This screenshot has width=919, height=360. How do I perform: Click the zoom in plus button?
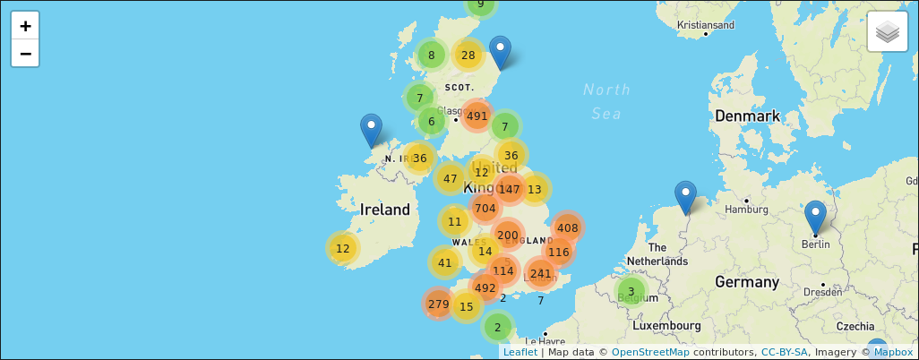pyautogui.click(x=26, y=26)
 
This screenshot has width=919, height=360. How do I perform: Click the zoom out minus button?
pyautogui.click(x=26, y=54)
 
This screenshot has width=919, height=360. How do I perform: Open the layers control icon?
pyautogui.click(x=887, y=32)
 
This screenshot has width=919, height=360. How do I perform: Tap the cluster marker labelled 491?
pyautogui.click(x=477, y=116)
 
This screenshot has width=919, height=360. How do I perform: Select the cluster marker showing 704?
pyautogui.click(x=485, y=209)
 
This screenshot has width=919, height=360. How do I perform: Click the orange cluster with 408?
pyautogui.click(x=567, y=227)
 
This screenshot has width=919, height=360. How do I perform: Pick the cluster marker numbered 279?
pyautogui.click(x=438, y=304)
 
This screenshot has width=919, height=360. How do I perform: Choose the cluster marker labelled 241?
pyautogui.click(x=540, y=274)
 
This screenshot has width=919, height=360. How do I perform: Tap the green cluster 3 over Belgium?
pyautogui.click(x=631, y=291)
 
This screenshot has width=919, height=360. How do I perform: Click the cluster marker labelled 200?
pyautogui.click(x=507, y=236)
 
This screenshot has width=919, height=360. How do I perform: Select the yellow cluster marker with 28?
pyautogui.click(x=468, y=56)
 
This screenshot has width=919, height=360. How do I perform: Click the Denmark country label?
pyautogui.click(x=747, y=116)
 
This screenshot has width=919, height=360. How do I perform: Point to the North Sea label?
pyautogui.click(x=606, y=101)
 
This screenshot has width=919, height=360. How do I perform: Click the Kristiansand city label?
pyautogui.click(x=707, y=24)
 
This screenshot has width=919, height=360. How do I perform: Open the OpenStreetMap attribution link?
pyautogui.click(x=650, y=352)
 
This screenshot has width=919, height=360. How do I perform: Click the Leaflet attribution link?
pyautogui.click(x=520, y=352)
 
